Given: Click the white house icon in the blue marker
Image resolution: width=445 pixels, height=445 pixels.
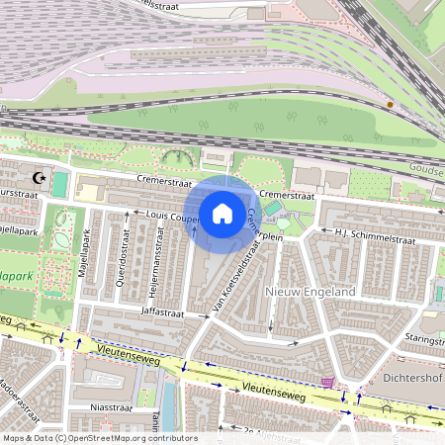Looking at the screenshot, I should click(222, 213).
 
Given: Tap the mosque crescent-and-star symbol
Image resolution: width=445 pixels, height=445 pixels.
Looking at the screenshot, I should click(40, 178).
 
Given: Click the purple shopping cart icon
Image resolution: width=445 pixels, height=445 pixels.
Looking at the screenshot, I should click(327, 383).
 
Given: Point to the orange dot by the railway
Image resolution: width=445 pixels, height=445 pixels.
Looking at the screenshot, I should click(390, 104).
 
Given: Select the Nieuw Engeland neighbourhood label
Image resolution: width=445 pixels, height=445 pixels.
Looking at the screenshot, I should click(311, 293).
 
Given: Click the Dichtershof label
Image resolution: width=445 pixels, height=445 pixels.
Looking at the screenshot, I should click(409, 376).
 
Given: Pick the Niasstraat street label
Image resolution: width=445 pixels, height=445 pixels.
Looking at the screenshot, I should click(110, 406).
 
